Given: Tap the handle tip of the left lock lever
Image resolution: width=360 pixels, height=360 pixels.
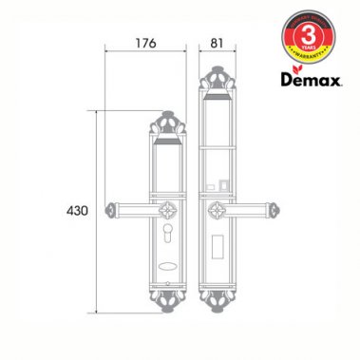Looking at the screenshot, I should click(113, 207).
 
